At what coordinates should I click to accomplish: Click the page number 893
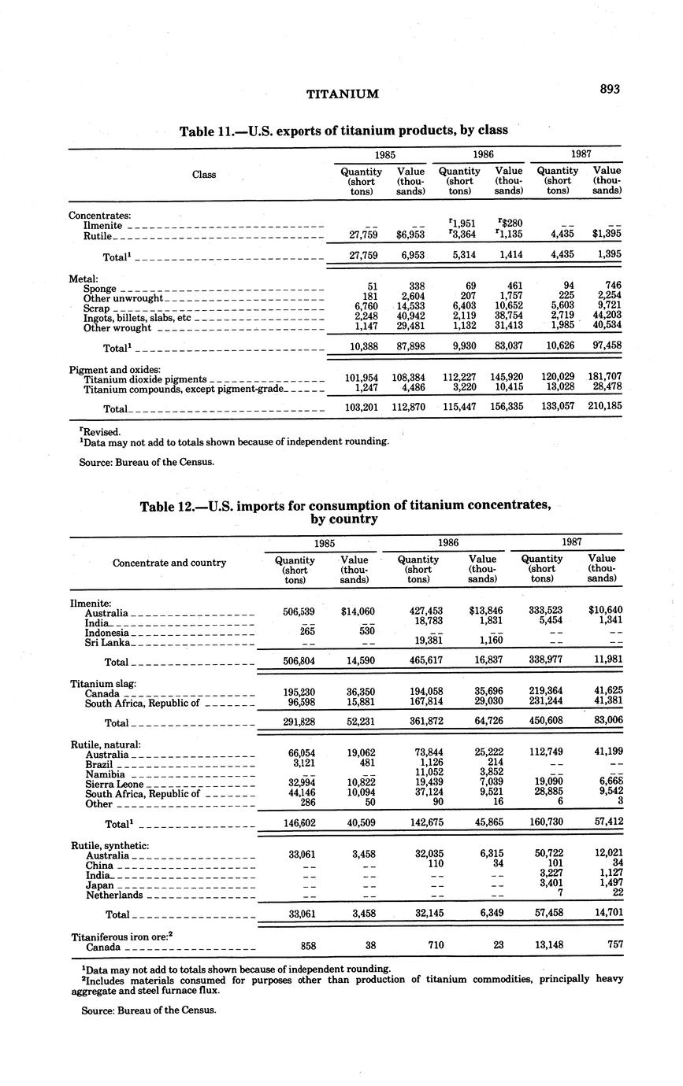click(x=610, y=89)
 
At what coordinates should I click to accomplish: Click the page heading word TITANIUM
click(x=342, y=94)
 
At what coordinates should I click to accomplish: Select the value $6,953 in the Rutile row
click(x=410, y=235)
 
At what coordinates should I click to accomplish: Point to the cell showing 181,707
click(x=601, y=377)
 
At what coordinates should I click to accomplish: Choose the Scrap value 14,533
click(x=410, y=308)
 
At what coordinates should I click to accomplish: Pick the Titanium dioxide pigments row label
click(x=145, y=379)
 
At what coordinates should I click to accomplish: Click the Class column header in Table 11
click(x=204, y=174)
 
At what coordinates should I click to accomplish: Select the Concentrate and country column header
click(x=169, y=563)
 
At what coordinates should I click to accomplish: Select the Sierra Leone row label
click(x=114, y=785)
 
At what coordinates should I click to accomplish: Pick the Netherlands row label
click(x=114, y=895)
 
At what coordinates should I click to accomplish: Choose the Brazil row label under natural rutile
click(x=99, y=764)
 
